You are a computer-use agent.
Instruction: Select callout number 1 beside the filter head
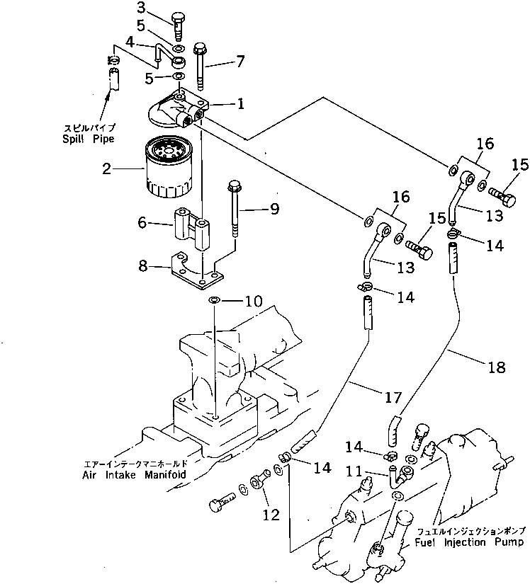click(240, 104)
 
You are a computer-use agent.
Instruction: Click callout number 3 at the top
click(141, 8)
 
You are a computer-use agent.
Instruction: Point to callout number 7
click(240, 61)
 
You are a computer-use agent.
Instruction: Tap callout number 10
click(254, 302)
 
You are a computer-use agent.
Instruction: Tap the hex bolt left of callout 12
click(220, 505)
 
